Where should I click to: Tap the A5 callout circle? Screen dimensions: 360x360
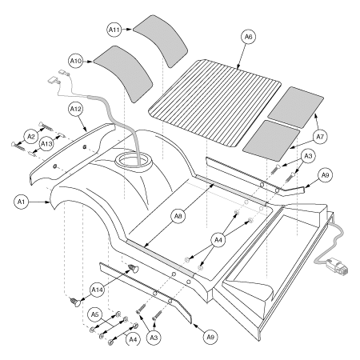click(94, 313)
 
